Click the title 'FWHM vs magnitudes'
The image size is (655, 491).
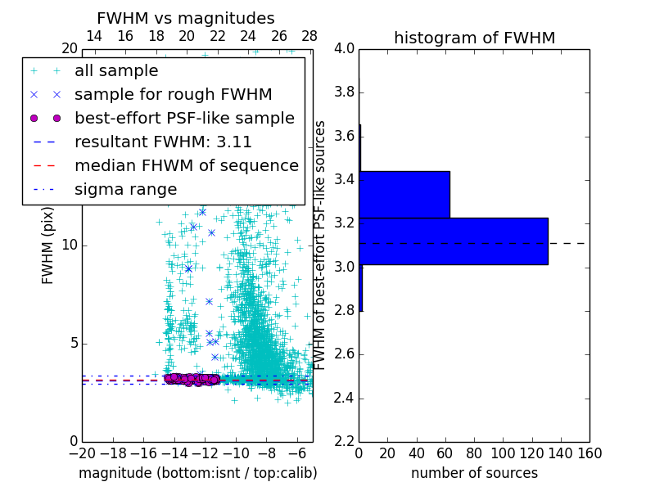[186, 18]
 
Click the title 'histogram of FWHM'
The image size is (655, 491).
[474, 38]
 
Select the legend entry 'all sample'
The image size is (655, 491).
[116, 71]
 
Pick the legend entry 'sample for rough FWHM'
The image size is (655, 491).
[173, 94]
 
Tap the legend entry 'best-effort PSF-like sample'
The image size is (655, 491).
[184, 118]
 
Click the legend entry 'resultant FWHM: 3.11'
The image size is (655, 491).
[170, 142]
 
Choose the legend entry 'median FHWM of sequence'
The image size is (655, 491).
[186, 165]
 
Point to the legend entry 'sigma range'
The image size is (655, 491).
[125, 190]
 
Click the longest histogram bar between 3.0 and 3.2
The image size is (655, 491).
[453, 241]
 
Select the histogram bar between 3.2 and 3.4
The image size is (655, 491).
[404, 194]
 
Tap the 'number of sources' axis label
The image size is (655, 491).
[474, 473]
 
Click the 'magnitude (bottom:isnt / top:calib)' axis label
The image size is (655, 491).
[197, 473]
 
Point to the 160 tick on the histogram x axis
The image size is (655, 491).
[589, 453]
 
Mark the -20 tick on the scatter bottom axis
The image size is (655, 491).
[82, 453]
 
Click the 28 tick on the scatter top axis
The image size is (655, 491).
[309, 36]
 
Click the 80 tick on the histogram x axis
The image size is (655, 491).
[474, 453]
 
